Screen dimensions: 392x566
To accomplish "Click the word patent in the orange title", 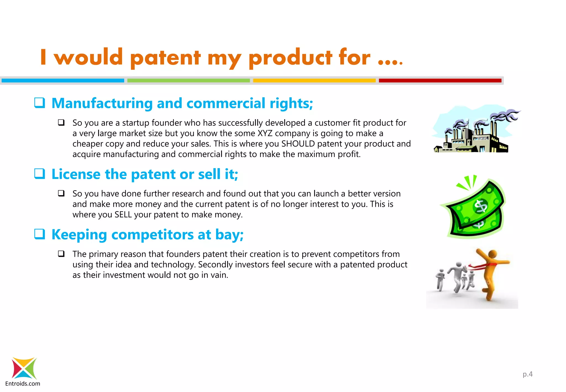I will coord(165,58).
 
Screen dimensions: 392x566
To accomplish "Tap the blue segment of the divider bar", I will coord(63,80).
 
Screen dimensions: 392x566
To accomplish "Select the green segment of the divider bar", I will coord(188,80).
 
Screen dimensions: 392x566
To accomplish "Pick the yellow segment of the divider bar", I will coord(314,80).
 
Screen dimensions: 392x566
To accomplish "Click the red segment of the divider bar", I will coord(440,80).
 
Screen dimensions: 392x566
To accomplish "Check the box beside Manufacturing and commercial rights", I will coord(40,103).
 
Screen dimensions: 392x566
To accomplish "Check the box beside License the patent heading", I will coord(40,174).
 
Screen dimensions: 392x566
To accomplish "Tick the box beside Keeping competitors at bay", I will coord(40,234).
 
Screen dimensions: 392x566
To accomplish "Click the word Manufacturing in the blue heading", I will coord(102,103).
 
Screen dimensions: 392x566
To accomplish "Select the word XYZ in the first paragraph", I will coord(265,133).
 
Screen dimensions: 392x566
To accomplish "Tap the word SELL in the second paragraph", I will coord(123,215).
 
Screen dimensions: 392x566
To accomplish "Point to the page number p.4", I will coord(527,374).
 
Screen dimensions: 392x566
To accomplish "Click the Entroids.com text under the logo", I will coord(23,383).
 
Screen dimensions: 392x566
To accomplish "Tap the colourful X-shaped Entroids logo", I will coord(24,368).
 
